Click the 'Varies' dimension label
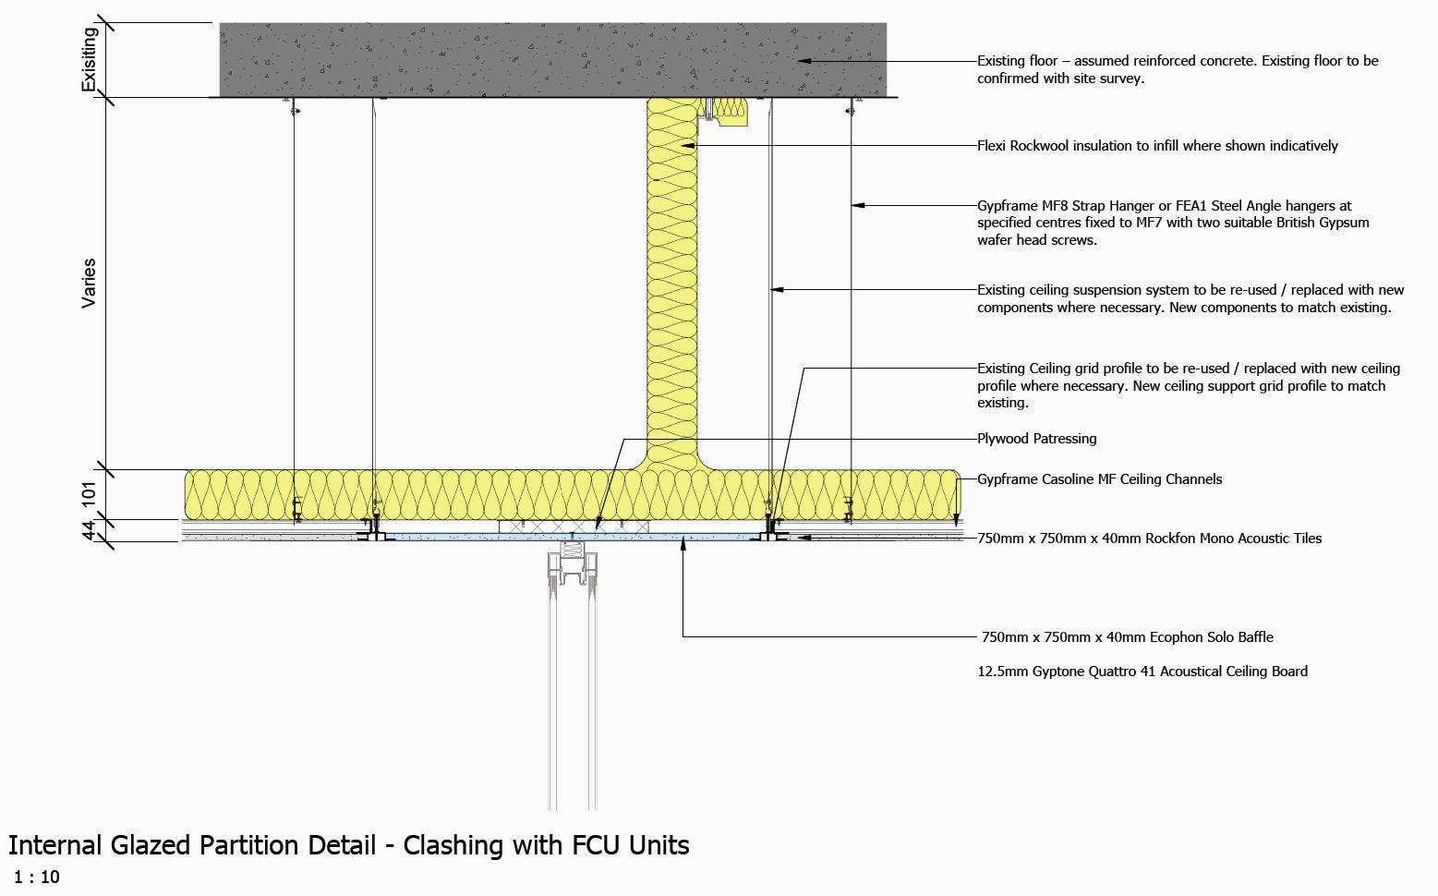click(89, 283)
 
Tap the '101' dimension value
click(89, 493)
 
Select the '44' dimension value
click(89, 530)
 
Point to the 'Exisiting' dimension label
click(89, 59)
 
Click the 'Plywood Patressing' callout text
click(1036, 439)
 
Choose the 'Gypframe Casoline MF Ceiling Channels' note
click(1099, 479)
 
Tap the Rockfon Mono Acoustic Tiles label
click(1149, 539)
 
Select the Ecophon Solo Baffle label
click(1127, 637)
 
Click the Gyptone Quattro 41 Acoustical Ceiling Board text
click(1142, 672)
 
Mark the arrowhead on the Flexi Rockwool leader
click(688, 146)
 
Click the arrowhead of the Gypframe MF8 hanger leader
click(857, 205)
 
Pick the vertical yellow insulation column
click(671, 277)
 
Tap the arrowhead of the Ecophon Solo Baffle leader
click(683, 545)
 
